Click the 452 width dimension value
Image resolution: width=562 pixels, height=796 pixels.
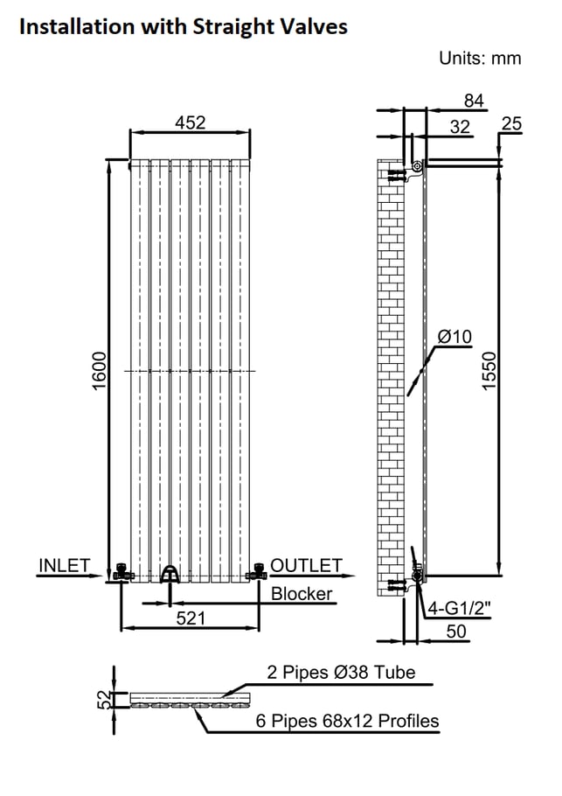pos(190,123)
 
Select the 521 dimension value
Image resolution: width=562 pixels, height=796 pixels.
pos(191,618)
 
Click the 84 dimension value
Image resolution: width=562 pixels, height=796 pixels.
pos(474,101)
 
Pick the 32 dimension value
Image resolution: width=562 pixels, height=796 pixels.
pos(460,127)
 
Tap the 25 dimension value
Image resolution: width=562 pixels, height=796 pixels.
pos(511,124)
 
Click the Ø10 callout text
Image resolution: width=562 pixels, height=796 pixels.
pos(454,337)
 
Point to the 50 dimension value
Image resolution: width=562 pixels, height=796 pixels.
pos(456,631)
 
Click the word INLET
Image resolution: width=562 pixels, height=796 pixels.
pos(64,566)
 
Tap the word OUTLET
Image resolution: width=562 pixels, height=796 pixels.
pos(306,566)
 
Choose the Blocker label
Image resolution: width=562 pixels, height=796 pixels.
pos(302,594)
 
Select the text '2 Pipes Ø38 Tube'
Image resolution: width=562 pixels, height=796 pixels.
pos(341,673)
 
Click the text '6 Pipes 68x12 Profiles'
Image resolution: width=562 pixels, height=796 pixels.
pos(347,721)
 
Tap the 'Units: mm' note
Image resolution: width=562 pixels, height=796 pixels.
pos(480,59)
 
